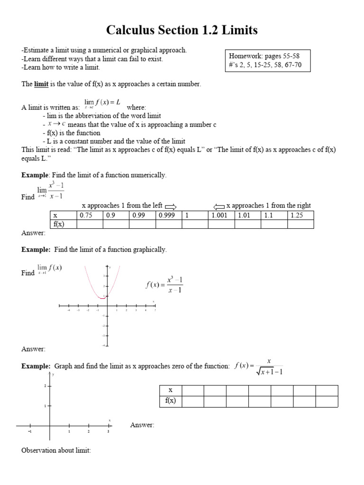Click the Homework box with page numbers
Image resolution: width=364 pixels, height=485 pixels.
click(x=268, y=61)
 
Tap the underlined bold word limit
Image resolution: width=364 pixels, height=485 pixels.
click(x=41, y=84)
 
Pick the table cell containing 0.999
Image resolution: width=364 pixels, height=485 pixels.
click(x=169, y=216)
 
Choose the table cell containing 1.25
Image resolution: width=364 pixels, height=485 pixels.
click(x=300, y=216)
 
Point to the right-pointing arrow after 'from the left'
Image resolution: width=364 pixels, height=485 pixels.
click(x=171, y=206)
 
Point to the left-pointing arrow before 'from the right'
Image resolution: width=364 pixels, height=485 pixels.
click(x=219, y=206)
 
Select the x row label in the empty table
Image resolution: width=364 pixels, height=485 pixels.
click(x=170, y=390)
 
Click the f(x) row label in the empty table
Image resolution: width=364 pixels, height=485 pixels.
click(x=170, y=401)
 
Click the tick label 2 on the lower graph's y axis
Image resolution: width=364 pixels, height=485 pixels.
click(x=45, y=386)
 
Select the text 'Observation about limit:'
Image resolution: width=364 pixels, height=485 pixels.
click(x=56, y=450)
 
